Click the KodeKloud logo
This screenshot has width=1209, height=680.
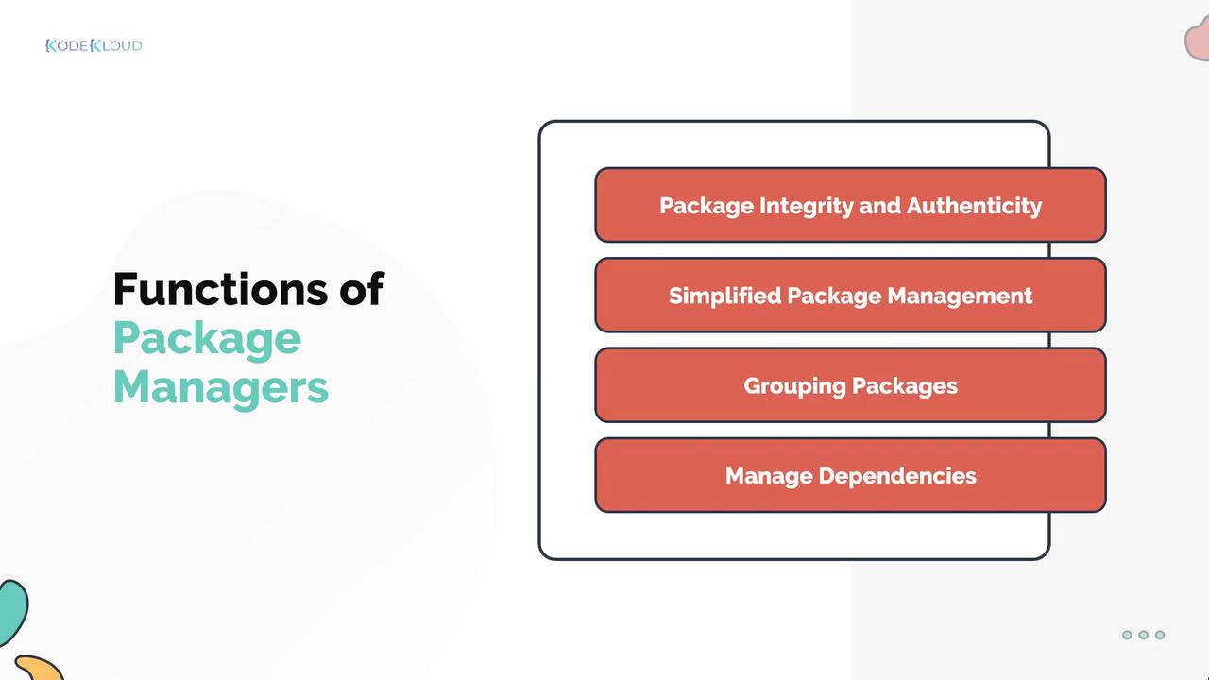[x=94, y=46]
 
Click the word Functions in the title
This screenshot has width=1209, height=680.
[x=220, y=289]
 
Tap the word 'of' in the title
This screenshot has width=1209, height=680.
[x=362, y=289]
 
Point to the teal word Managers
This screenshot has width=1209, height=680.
[x=221, y=388]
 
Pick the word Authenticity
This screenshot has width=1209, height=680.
[x=974, y=207]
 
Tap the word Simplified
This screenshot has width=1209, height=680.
[x=725, y=296]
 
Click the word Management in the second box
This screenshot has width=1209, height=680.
[x=960, y=296]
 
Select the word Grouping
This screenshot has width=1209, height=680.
[x=795, y=386]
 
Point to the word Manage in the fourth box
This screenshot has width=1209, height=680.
[x=769, y=477]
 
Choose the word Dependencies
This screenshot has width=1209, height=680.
[x=897, y=477]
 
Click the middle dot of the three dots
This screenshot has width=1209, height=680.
[x=1143, y=635]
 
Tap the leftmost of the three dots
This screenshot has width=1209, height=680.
[x=1127, y=635]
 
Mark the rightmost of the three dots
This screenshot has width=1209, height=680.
[x=1160, y=635]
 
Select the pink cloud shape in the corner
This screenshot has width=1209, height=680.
[x=1199, y=39]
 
